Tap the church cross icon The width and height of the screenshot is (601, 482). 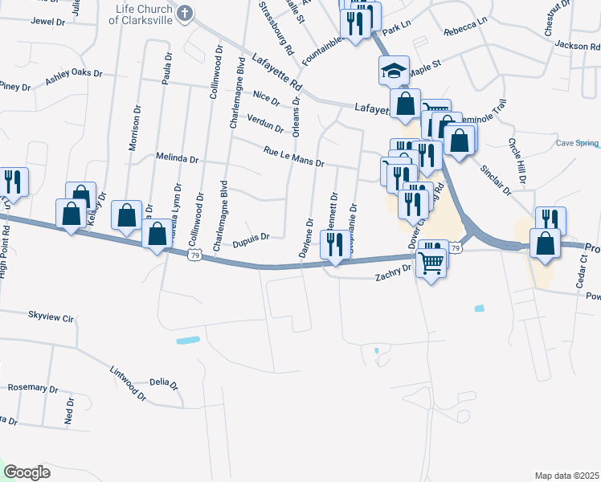pos(186,13)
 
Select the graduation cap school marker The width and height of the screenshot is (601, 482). pos(395,71)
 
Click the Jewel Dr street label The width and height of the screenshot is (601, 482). pos(47,21)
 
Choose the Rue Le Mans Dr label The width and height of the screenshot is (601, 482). pos(293,157)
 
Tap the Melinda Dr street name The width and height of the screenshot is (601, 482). pos(177,158)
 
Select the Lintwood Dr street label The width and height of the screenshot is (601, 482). pos(129,384)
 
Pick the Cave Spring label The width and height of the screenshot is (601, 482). pos(578,144)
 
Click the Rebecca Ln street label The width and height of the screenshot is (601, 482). pos(465,31)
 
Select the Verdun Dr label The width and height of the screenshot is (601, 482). pos(265,123)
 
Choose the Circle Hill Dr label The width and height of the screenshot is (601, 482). pos(516,161)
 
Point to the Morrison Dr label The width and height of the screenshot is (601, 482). pos(134,128)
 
